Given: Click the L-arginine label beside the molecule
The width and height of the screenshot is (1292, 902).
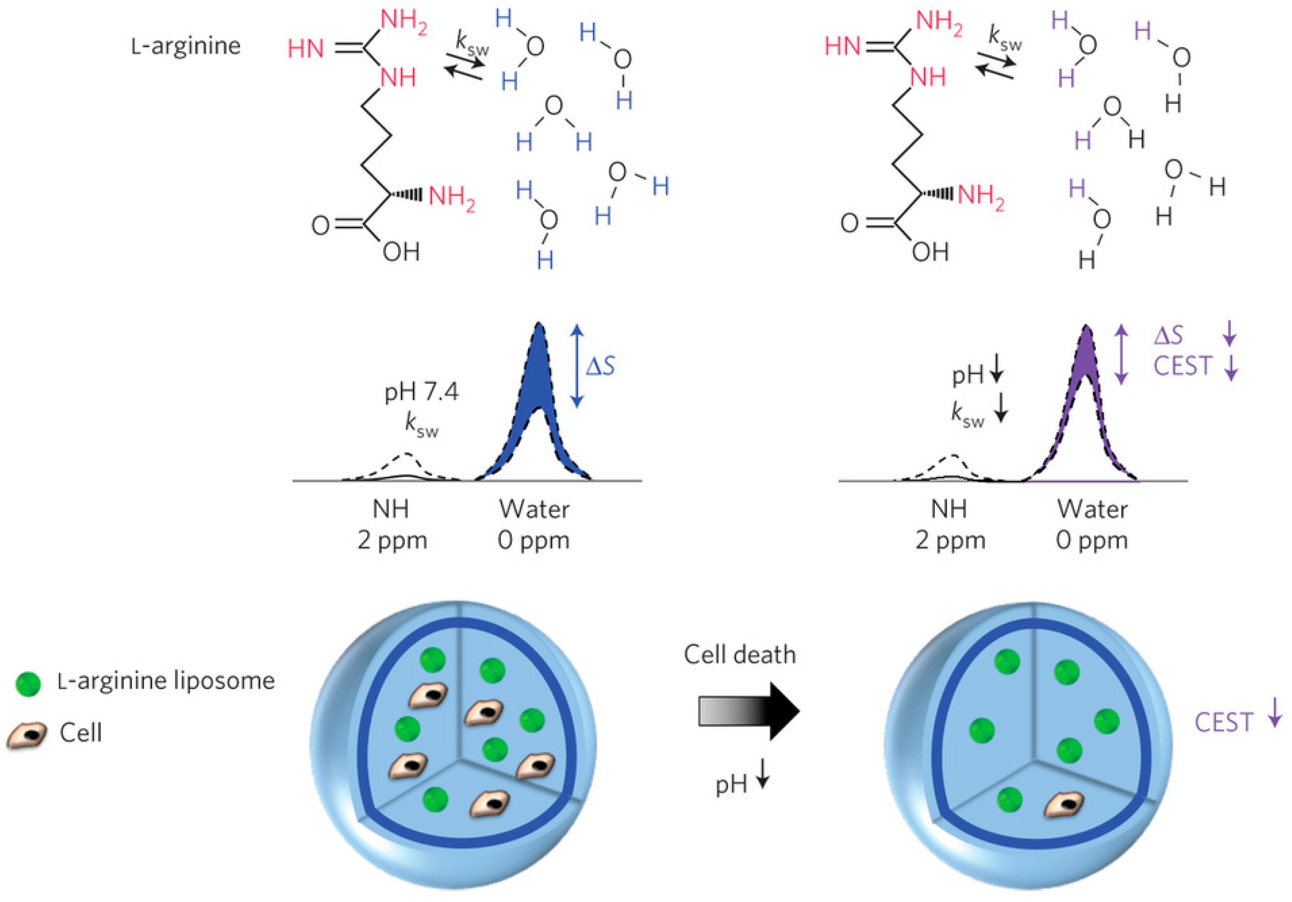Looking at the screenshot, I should click(x=185, y=46).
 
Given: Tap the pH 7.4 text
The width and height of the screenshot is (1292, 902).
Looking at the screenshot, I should click(x=422, y=391).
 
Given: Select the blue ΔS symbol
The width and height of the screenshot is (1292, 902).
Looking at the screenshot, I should click(x=600, y=366).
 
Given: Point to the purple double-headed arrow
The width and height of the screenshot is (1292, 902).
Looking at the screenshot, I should click(x=1121, y=354).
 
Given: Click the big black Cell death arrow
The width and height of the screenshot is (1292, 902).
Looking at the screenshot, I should click(x=749, y=711).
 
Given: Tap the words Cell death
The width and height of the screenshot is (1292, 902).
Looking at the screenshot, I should click(x=739, y=655).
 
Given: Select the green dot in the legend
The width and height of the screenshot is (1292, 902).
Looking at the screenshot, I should click(x=28, y=684).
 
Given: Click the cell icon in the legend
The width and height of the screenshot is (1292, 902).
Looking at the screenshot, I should click(x=27, y=736).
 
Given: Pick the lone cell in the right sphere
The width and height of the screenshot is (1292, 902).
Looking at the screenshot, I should click(x=1064, y=805).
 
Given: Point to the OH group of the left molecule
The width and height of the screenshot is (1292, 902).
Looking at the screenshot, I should click(x=401, y=252).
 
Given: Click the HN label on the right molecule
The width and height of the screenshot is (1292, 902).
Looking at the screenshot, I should click(x=842, y=46).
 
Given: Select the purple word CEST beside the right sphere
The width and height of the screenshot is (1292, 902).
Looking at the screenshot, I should click(x=1223, y=722).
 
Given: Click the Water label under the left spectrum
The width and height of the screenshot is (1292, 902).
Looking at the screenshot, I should click(x=534, y=510).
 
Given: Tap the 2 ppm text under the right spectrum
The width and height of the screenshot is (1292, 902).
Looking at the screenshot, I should click(x=951, y=541).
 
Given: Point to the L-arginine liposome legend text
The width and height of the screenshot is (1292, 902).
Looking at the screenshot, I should click(x=166, y=681).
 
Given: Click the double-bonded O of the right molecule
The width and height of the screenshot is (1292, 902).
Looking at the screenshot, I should click(x=849, y=223).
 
